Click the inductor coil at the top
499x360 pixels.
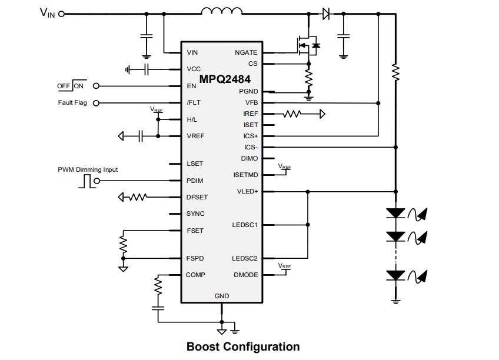point(221,12)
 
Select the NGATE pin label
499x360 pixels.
point(246,53)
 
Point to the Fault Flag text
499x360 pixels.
point(72,103)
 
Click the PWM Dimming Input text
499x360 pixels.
point(88,169)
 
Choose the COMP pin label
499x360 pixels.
point(196,275)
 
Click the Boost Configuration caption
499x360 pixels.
point(242,346)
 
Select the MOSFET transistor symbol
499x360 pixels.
point(307,45)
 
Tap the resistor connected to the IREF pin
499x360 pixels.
point(292,114)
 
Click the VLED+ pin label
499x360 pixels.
point(247,191)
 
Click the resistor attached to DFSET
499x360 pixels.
point(137,197)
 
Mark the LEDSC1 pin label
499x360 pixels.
point(245,225)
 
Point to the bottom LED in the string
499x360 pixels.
point(395,274)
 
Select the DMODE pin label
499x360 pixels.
point(246,275)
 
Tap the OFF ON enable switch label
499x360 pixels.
point(71,86)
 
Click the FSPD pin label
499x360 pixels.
point(195,258)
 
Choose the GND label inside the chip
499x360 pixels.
point(222,296)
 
